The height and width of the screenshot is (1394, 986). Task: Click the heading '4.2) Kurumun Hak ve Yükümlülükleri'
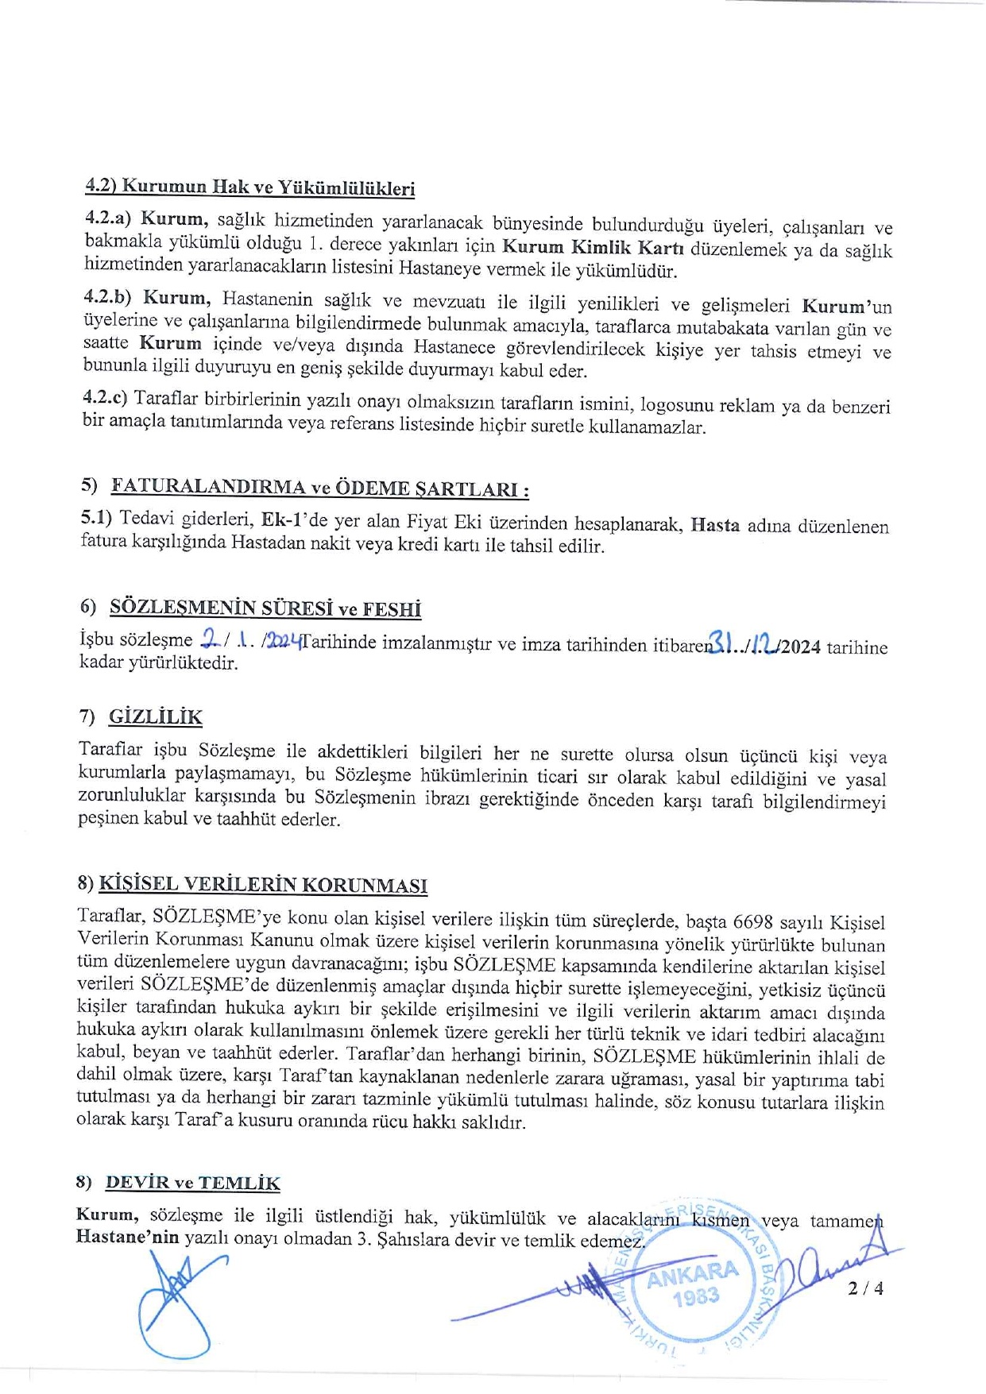coord(249,187)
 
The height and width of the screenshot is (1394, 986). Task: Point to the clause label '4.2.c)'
coord(106,398)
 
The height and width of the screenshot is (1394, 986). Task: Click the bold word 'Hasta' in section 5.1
coord(715,525)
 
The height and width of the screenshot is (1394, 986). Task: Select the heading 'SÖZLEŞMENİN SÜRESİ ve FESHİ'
coord(265,608)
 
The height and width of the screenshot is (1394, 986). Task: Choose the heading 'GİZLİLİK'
coord(156,716)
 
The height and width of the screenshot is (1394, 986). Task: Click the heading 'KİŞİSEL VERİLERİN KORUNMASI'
coord(263,885)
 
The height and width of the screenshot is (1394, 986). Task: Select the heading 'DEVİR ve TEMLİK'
coord(192,1183)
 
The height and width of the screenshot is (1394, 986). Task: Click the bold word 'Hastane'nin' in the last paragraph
coord(128,1237)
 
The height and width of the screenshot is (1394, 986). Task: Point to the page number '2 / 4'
coord(865,1288)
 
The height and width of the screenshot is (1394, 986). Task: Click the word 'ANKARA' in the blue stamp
coord(692,1274)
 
